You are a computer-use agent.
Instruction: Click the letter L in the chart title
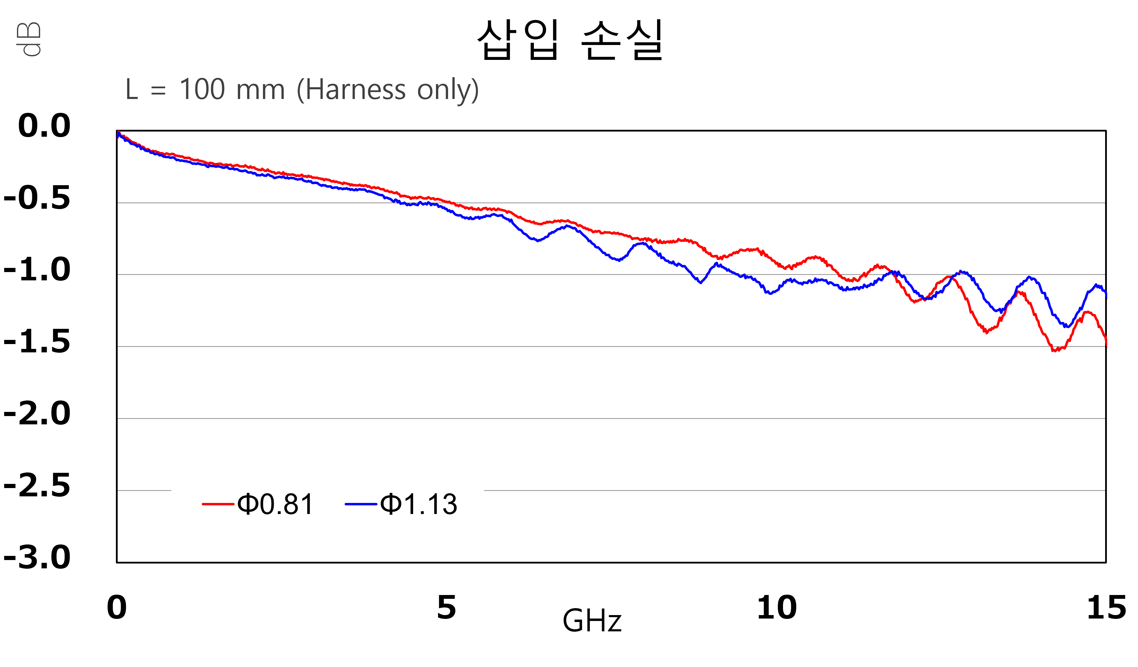point(131,89)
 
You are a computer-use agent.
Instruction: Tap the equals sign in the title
point(158,90)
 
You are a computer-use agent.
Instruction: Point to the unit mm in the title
point(260,90)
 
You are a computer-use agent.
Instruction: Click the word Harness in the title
point(355,89)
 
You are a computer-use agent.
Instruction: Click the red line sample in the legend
point(218,504)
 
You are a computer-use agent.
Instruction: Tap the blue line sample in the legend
point(361,504)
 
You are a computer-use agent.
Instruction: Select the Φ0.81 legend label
point(275,504)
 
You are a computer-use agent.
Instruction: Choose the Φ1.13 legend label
point(419,504)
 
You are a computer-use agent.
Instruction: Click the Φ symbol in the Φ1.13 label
point(391,504)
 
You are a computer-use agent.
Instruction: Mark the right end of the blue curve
point(1106,296)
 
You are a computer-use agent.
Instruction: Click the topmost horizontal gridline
point(610,203)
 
